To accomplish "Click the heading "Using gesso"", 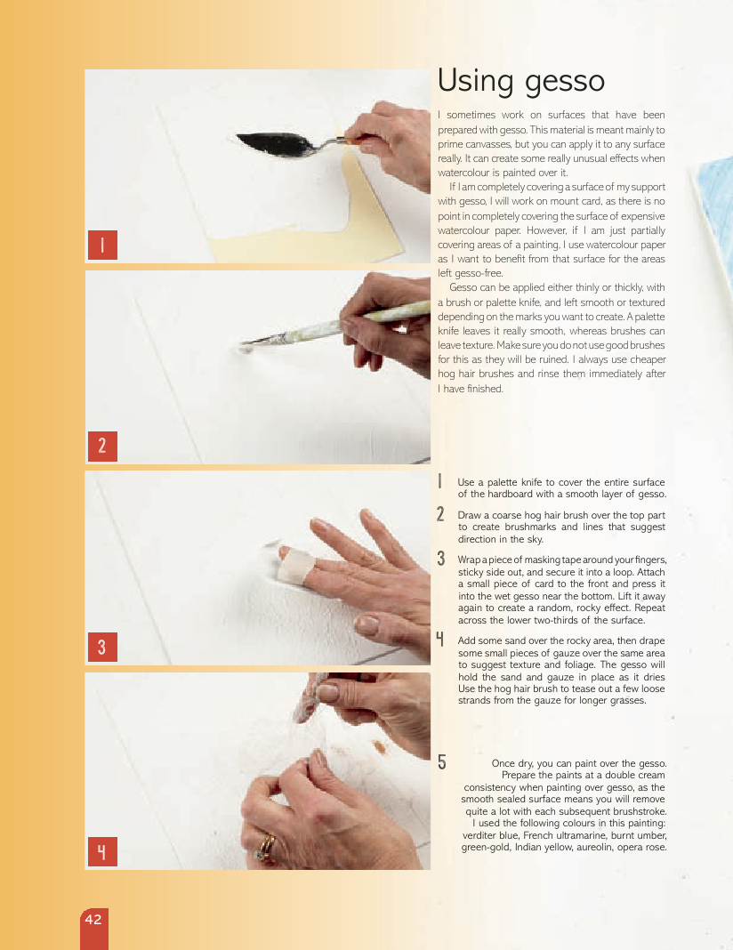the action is click(x=521, y=81).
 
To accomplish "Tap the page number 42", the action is click(x=93, y=919).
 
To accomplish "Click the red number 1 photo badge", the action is click(x=102, y=245).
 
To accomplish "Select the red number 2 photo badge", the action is click(x=102, y=446).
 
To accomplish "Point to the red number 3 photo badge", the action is click(x=102, y=647).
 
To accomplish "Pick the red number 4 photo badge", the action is click(x=102, y=852).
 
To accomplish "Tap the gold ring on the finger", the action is click(x=266, y=847).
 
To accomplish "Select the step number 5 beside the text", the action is click(x=441, y=762).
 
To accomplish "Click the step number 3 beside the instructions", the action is click(x=441, y=559).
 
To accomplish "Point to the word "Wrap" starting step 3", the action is click(x=469, y=560).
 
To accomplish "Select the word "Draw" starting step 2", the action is click(x=468, y=515).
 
